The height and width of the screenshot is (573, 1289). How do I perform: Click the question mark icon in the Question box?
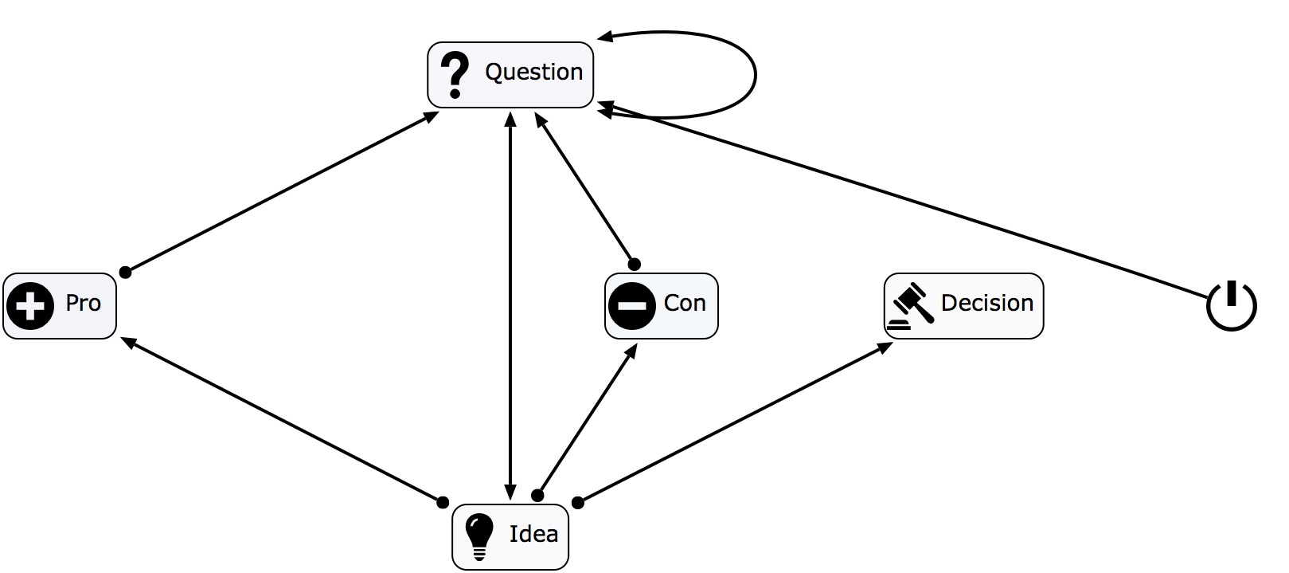tap(455, 75)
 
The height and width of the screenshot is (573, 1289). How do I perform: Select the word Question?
tap(533, 73)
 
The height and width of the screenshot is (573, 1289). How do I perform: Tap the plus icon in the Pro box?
tap(30, 306)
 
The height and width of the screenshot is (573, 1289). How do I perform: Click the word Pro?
tap(83, 304)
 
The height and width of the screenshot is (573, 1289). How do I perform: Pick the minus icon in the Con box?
tap(631, 306)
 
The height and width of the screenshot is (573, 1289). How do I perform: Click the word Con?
tap(684, 304)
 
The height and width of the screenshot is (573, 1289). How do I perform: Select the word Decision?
tap(986, 304)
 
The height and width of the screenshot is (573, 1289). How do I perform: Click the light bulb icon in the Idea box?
tap(478, 535)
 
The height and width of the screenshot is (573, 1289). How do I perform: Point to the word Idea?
tap(533, 534)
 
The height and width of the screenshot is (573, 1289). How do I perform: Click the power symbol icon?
tap(1231, 305)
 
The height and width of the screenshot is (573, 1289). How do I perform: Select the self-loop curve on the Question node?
tap(753, 76)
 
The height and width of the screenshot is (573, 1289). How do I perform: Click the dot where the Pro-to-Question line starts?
tap(125, 273)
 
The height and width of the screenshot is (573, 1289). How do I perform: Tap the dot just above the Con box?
tap(634, 264)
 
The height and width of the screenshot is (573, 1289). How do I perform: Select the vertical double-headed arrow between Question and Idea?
tap(510, 303)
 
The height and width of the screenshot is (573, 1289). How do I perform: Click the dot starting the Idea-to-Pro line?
tap(443, 502)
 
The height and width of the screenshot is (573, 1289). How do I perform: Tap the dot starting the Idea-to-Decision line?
tap(578, 502)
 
